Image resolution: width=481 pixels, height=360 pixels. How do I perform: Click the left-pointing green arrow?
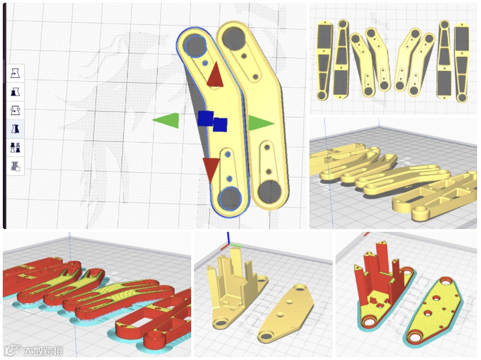[167, 120]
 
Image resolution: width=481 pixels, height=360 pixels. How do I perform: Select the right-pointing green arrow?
[260, 123]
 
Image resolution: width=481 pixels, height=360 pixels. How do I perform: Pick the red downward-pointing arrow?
[211, 169]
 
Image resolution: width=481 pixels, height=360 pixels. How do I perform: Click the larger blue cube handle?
[206, 118]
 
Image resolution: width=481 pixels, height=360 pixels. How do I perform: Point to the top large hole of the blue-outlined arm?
[195, 46]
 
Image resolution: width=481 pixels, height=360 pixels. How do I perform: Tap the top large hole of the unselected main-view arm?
[234, 37]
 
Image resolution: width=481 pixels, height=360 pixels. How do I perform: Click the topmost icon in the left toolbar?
[16, 74]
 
